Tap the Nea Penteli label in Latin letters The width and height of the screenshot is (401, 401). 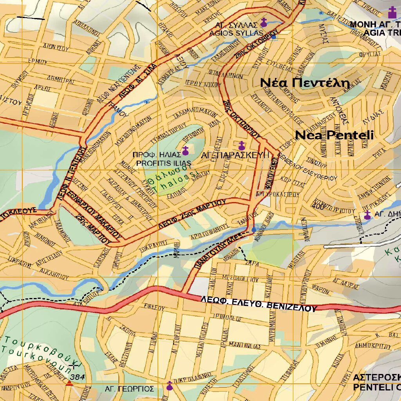pyautogui.click(x=334, y=135)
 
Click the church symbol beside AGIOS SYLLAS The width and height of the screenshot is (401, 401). pyautogui.click(x=264, y=22)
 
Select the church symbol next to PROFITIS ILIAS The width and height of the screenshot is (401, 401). pyautogui.click(x=186, y=150)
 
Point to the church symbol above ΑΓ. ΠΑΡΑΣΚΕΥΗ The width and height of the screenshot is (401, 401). pyautogui.click(x=242, y=146)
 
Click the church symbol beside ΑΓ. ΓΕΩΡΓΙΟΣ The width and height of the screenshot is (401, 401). pyautogui.click(x=170, y=386)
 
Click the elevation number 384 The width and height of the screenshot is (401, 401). pyautogui.click(x=78, y=377)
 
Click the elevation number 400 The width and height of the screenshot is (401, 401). pyautogui.click(x=319, y=207)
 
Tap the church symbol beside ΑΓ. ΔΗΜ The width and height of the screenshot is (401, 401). pyautogui.click(x=367, y=215)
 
